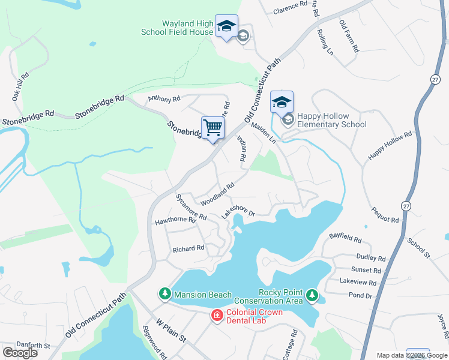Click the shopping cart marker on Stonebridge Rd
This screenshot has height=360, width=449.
pos(212,128)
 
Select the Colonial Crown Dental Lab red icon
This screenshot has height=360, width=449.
pos(217,315)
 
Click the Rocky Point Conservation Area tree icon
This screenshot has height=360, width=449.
pos(312,295)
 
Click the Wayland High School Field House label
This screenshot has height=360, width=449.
pos(178,28)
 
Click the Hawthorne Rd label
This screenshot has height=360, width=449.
pos(176,220)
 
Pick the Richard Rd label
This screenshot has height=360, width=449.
pos(188,248)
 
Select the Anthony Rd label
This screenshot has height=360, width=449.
pos(164,99)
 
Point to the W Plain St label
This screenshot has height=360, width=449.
pos(172,331)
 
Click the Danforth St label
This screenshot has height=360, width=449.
pos(33,346)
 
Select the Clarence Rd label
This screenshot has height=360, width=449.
pos(290,8)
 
